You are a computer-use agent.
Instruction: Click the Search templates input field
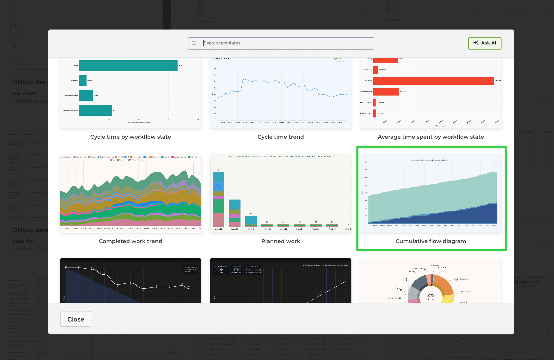[286, 43]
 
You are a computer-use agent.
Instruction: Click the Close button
[75, 319]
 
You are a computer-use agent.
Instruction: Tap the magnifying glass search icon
[194, 44]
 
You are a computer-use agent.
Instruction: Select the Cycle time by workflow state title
[130, 137]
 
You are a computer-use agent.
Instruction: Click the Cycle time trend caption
[280, 137]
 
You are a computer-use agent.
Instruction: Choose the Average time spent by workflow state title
[430, 137]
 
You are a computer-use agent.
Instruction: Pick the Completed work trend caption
[130, 241]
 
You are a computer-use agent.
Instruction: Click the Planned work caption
[280, 241]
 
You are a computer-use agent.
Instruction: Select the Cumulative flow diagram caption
[430, 241]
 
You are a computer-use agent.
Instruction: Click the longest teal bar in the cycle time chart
[128, 66]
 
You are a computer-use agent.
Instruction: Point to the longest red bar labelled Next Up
[433, 81]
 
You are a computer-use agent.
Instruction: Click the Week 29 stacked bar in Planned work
[218, 200]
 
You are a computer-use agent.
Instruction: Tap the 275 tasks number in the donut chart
[431, 295]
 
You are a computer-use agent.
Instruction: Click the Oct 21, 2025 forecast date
[253, 270]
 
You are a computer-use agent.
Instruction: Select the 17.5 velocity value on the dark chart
[236, 270]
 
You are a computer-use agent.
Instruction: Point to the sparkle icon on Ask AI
[476, 43]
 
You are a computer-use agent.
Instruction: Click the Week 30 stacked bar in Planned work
[234, 213]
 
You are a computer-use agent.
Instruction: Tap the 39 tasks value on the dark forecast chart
[221, 270]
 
